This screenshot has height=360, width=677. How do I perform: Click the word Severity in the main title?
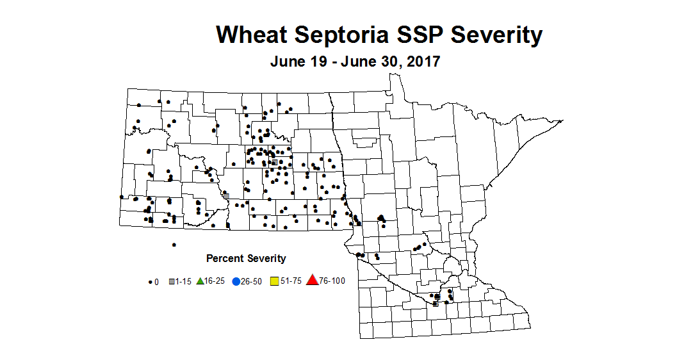pyautogui.click(x=498, y=35)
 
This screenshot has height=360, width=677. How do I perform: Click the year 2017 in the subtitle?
pyautogui.click(x=418, y=62)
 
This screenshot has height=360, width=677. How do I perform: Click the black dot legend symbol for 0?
pyautogui.click(x=150, y=281)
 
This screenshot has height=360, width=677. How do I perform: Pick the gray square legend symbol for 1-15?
pyautogui.click(x=172, y=281)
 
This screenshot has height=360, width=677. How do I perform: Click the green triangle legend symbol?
pyautogui.click(x=200, y=281)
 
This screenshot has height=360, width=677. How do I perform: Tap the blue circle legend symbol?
pyautogui.click(x=236, y=281)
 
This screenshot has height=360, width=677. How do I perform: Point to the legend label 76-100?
pyautogui.click(x=332, y=281)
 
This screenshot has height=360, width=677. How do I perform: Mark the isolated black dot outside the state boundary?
pyautogui.click(x=174, y=245)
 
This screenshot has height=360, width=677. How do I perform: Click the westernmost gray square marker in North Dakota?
pyautogui.click(x=225, y=195)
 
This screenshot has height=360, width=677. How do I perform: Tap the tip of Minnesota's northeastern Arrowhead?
pyautogui.click(x=562, y=120)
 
